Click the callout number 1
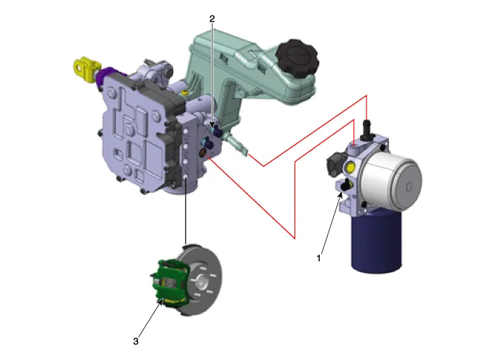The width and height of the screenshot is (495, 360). click(x=318, y=258)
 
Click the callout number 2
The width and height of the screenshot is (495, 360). click(x=212, y=19)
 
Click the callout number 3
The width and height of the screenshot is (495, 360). click(x=136, y=341)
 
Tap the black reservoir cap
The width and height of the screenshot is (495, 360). click(x=297, y=58)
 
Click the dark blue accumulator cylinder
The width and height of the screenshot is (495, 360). click(x=376, y=242)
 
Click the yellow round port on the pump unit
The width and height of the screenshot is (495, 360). click(x=350, y=168)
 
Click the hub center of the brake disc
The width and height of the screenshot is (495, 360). click(x=202, y=282)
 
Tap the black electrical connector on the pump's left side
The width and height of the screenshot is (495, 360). click(x=335, y=162)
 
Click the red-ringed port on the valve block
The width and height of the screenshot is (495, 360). click(x=203, y=154)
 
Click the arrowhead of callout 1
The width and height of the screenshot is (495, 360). click(x=340, y=195)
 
